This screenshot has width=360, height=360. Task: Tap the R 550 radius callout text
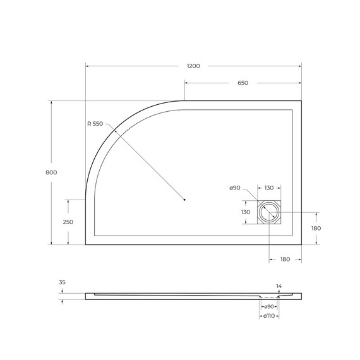tap(95, 124)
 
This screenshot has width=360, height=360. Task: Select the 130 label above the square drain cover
tap(269, 188)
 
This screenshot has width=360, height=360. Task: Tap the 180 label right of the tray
tap(316, 228)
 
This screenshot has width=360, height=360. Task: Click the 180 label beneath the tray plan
tap(285, 259)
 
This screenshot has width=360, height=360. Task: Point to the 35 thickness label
tap(61, 283)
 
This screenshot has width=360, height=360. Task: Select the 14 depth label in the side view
tap(279, 286)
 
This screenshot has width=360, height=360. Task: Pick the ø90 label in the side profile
tap(269, 306)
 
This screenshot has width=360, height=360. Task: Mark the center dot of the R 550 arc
tap(184, 200)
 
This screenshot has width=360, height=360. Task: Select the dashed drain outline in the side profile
tap(270, 296)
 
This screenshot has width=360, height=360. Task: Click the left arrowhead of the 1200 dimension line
tap(88, 66)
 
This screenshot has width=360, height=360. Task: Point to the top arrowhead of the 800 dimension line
tap(51, 102)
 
